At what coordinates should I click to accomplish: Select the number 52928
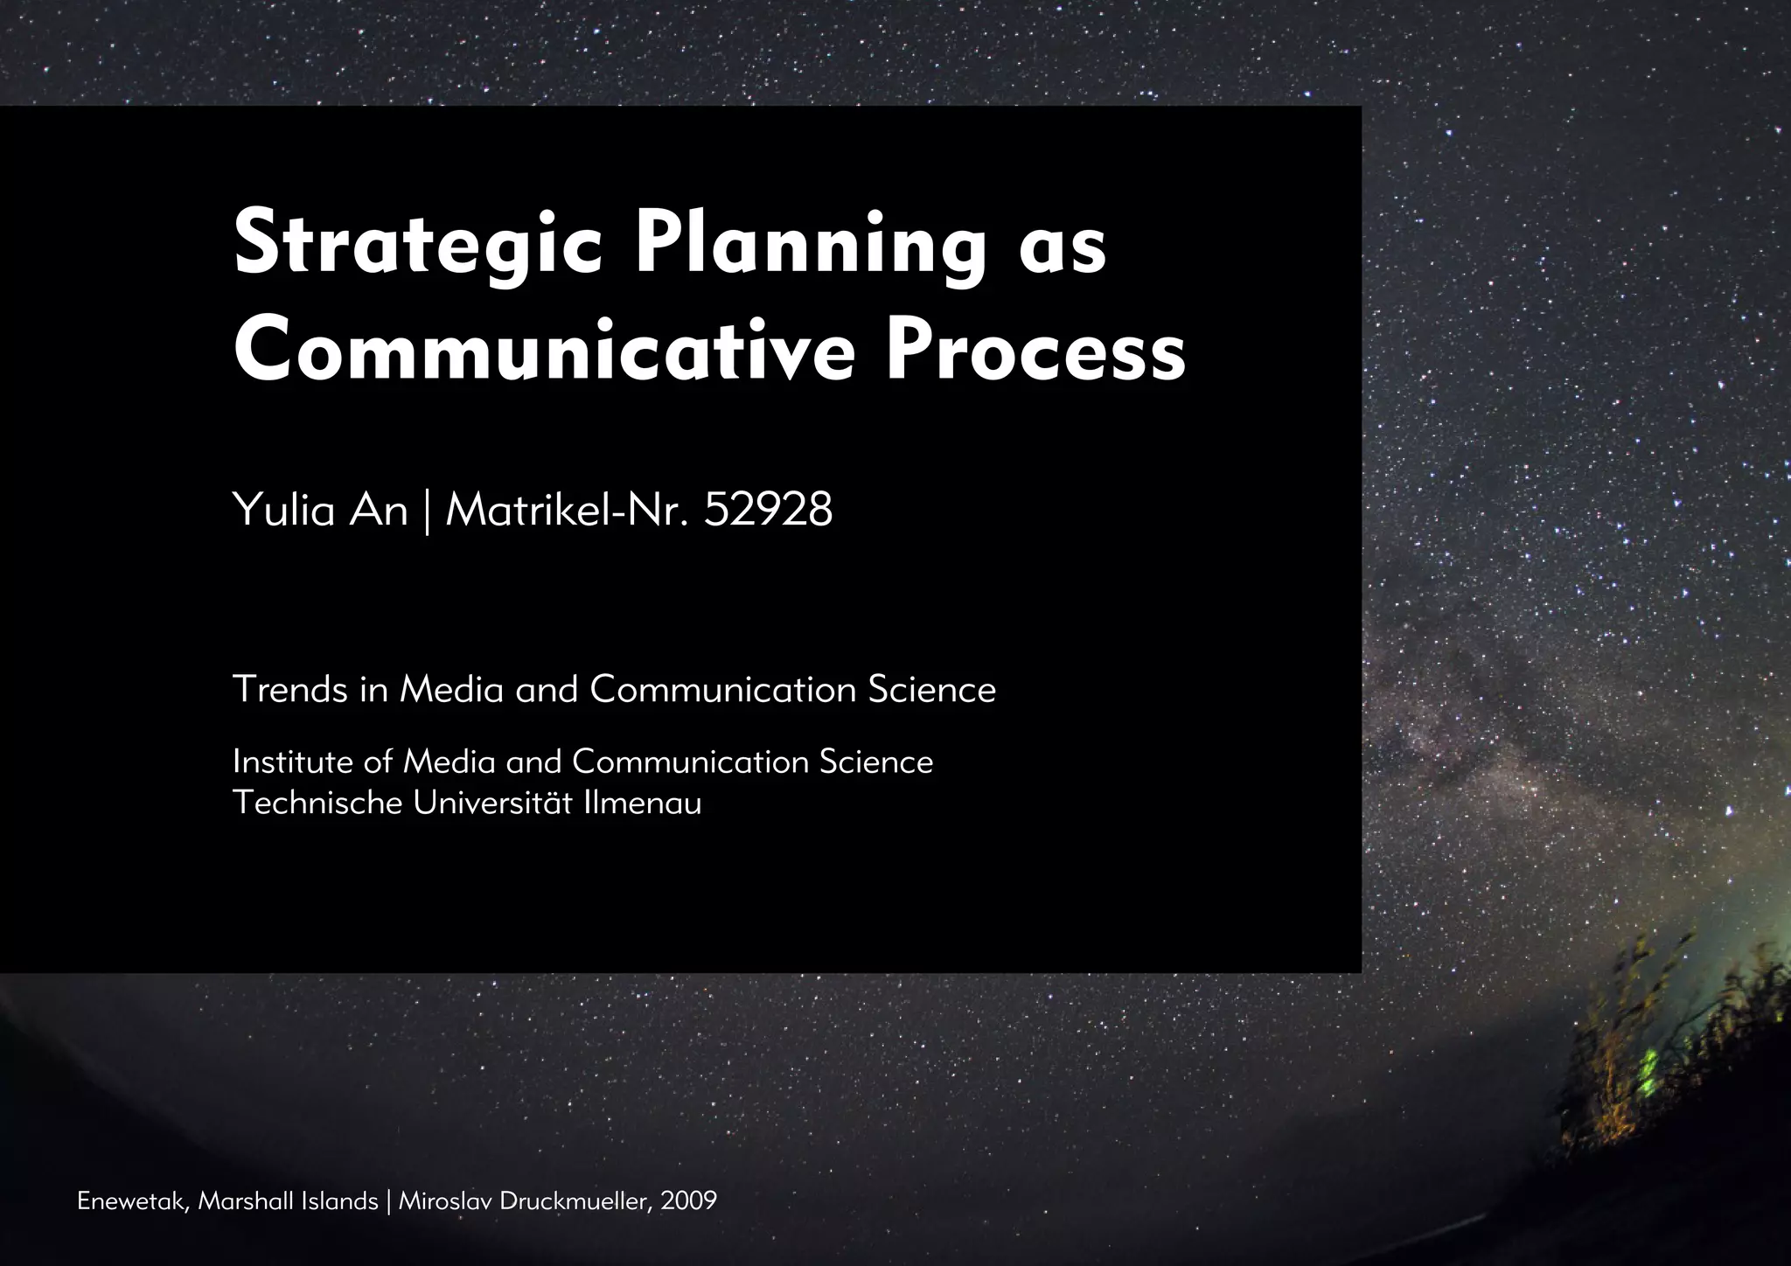[768, 510]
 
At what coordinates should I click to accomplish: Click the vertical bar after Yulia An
[427, 511]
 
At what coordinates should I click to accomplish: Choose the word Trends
[290, 690]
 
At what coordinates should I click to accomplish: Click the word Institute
[294, 762]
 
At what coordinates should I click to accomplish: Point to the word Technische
[317, 803]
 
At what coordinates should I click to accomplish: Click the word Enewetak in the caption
[131, 1201]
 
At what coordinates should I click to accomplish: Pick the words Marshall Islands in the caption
[288, 1201]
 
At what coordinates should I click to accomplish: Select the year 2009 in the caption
[689, 1201]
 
